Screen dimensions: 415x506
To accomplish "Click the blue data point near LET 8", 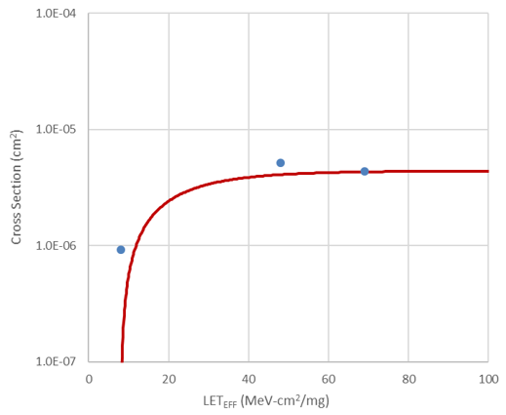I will pos(121,250).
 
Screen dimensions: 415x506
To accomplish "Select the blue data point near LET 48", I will pos(280,163).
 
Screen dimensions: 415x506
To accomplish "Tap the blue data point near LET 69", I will pos(365,171).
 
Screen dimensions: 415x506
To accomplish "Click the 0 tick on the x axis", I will pos(89,379).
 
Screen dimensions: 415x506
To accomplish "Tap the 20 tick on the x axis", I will pos(169,379).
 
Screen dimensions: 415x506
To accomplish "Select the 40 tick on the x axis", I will pos(249,379).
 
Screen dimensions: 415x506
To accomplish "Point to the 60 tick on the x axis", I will pos(329,379).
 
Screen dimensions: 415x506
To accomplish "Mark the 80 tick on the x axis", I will pos(409,379).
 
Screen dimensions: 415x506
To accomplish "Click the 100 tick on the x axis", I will pos(487,379).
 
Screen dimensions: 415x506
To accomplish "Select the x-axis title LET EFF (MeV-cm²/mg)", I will pos(288,400).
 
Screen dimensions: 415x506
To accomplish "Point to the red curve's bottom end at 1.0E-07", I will pos(122,359).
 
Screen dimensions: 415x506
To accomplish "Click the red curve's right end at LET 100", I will pos(487,171).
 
